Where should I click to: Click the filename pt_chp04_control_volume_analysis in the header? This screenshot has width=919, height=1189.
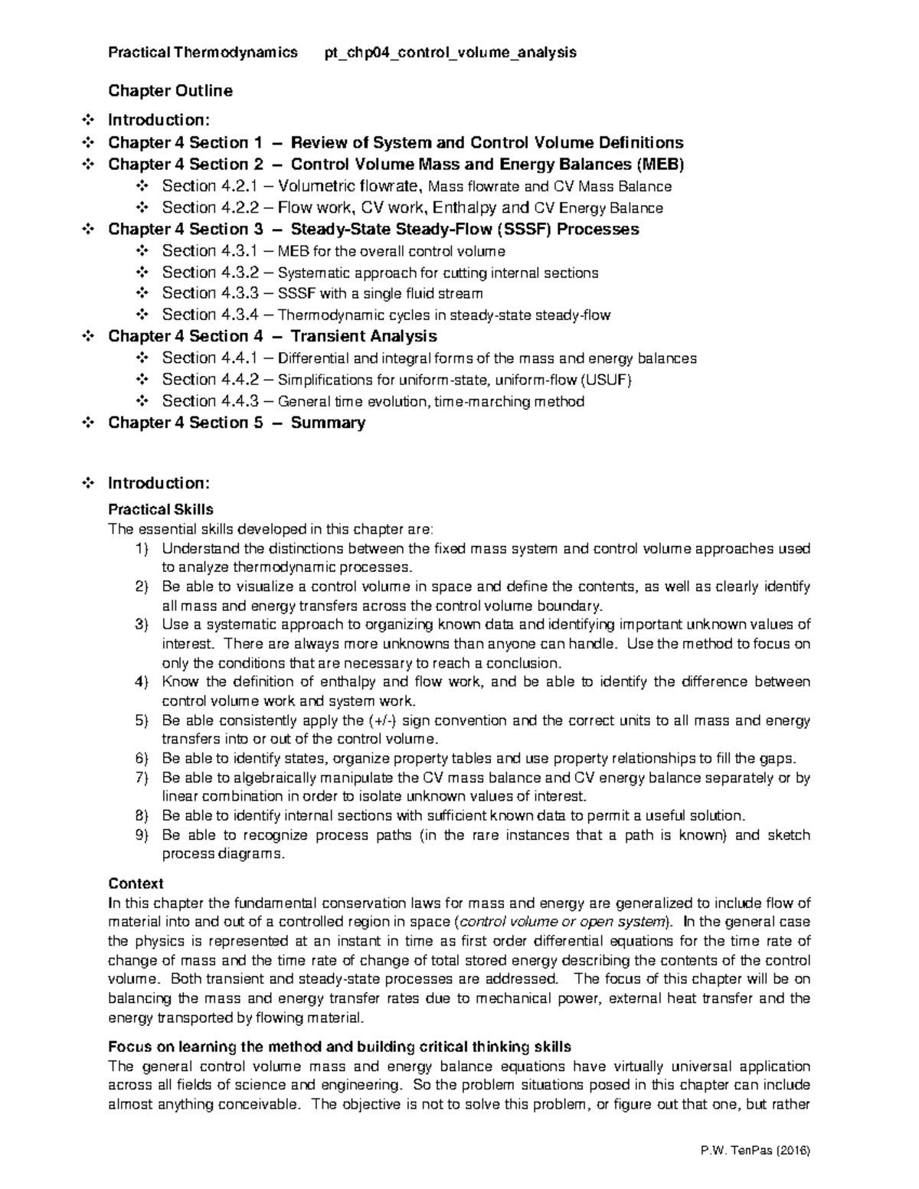click(451, 53)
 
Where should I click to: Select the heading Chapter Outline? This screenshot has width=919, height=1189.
click(170, 91)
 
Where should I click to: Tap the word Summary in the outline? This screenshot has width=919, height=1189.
click(328, 423)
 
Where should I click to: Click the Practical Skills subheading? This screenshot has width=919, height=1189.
click(161, 509)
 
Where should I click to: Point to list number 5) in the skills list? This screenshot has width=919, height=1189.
click(141, 720)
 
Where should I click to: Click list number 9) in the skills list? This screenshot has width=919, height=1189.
click(141, 835)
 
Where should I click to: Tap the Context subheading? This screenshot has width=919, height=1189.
click(136, 883)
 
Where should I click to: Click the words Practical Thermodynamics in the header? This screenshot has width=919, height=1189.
click(203, 53)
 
